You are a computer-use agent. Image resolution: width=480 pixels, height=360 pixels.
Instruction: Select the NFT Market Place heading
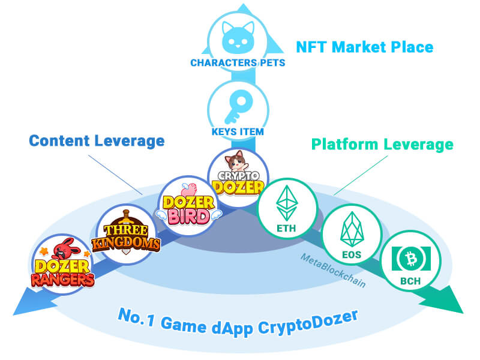364,47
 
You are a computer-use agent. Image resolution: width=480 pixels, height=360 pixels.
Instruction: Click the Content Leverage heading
97,141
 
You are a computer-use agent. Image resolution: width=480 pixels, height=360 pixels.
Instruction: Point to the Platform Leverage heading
382,145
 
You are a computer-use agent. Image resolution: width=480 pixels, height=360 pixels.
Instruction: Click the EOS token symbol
351,232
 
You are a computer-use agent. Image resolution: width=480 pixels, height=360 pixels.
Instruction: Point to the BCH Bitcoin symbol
410,258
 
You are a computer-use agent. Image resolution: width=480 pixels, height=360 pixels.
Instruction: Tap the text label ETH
286,227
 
